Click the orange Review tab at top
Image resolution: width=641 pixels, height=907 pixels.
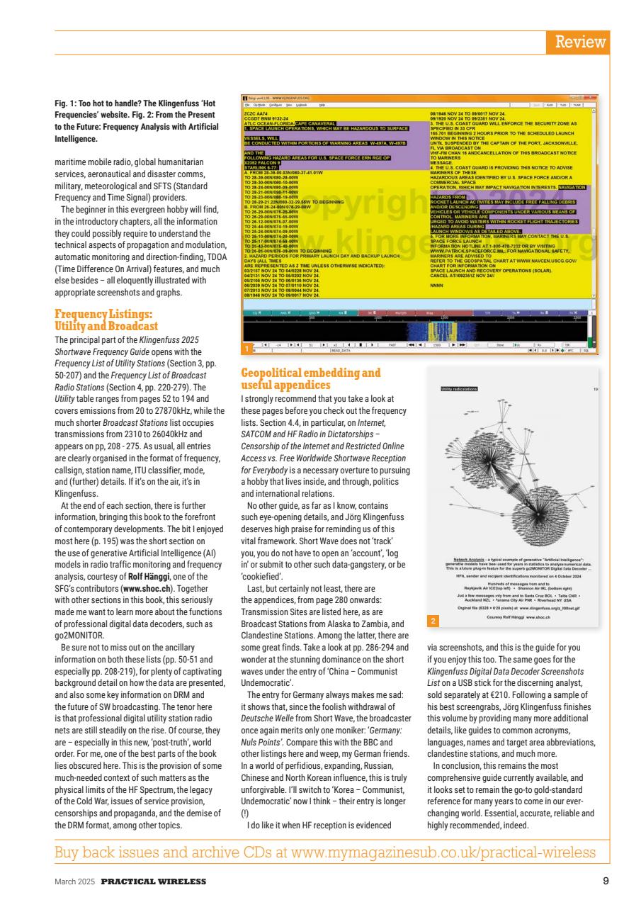(580, 42)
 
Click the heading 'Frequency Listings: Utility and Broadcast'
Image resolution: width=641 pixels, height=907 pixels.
(106, 320)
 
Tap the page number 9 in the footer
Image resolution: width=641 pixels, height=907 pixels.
(604, 881)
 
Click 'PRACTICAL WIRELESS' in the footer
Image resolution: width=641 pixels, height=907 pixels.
(153, 881)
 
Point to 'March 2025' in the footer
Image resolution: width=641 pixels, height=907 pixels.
(76, 881)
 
